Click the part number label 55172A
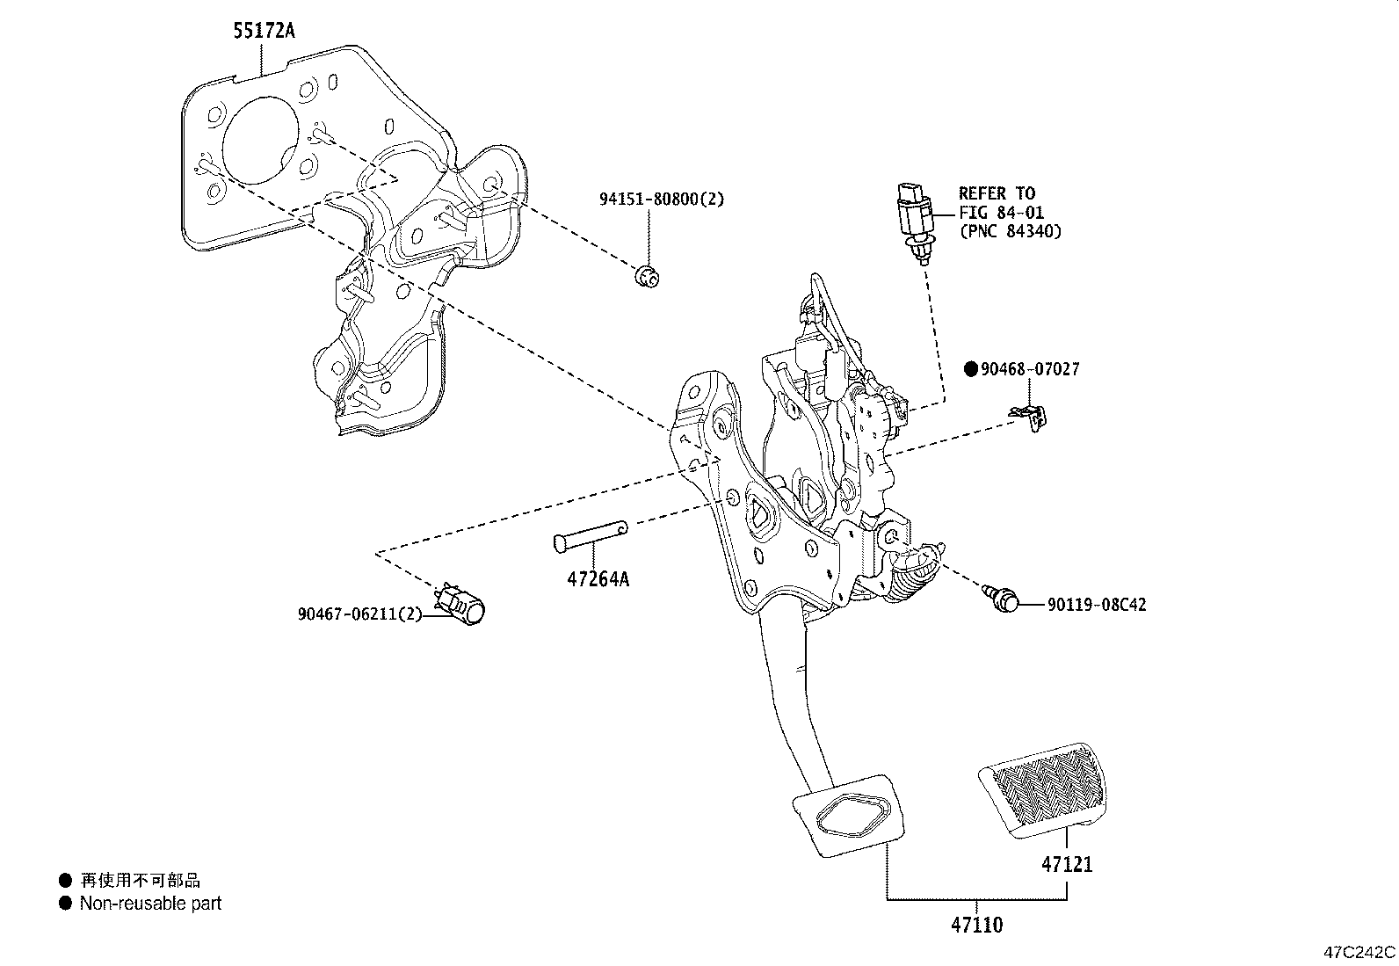point(264,32)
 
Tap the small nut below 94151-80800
point(648,277)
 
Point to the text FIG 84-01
point(997,213)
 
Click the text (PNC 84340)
point(1010,232)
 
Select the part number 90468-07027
point(1030,369)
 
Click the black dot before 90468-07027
point(970,369)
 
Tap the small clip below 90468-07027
point(1030,418)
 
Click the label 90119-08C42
point(1096,605)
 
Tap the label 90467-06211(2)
point(359,614)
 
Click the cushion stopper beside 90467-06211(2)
point(466,606)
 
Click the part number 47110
point(975,925)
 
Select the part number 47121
point(1067,864)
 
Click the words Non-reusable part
point(150,904)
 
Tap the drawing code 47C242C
point(1359,953)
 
